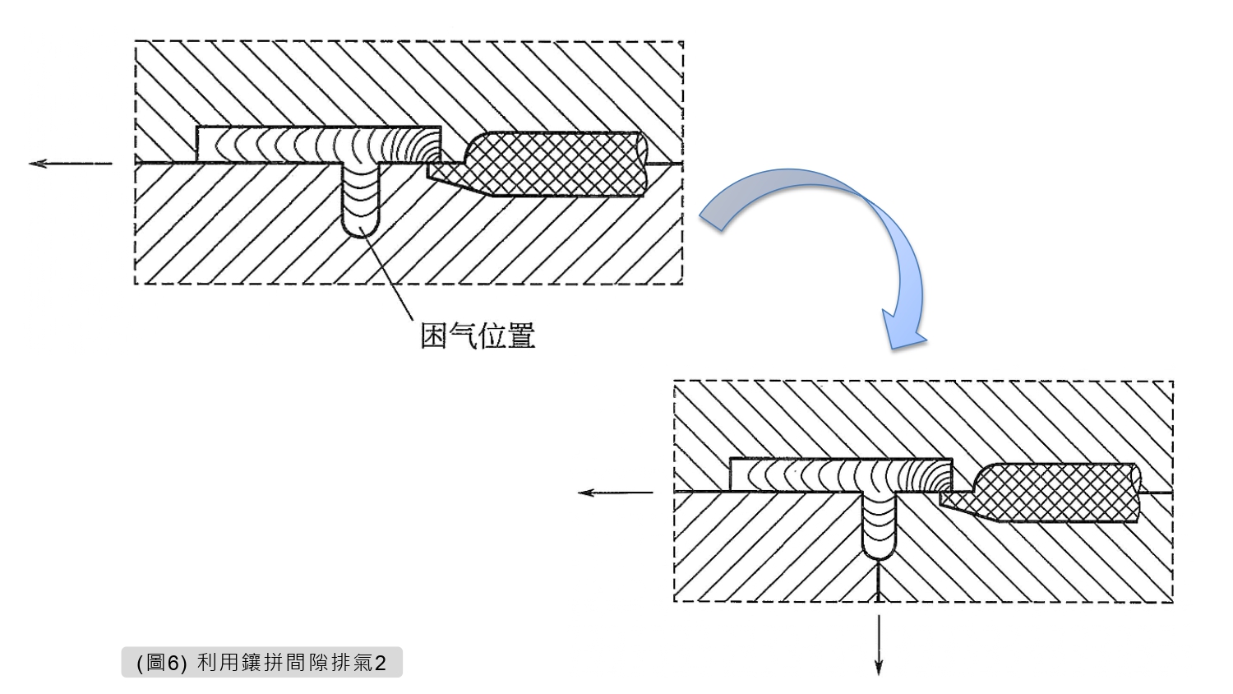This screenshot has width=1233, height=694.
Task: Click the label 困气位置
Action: coord(478,335)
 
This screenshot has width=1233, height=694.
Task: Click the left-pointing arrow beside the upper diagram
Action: coord(70,164)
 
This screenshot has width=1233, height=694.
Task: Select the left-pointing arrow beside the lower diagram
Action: coord(615,493)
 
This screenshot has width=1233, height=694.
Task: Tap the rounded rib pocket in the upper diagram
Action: coord(362,201)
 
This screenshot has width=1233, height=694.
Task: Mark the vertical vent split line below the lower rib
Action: coord(879,581)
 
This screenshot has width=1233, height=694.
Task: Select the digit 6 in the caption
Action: coord(173,664)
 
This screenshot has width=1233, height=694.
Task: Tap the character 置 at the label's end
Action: coord(521,335)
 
